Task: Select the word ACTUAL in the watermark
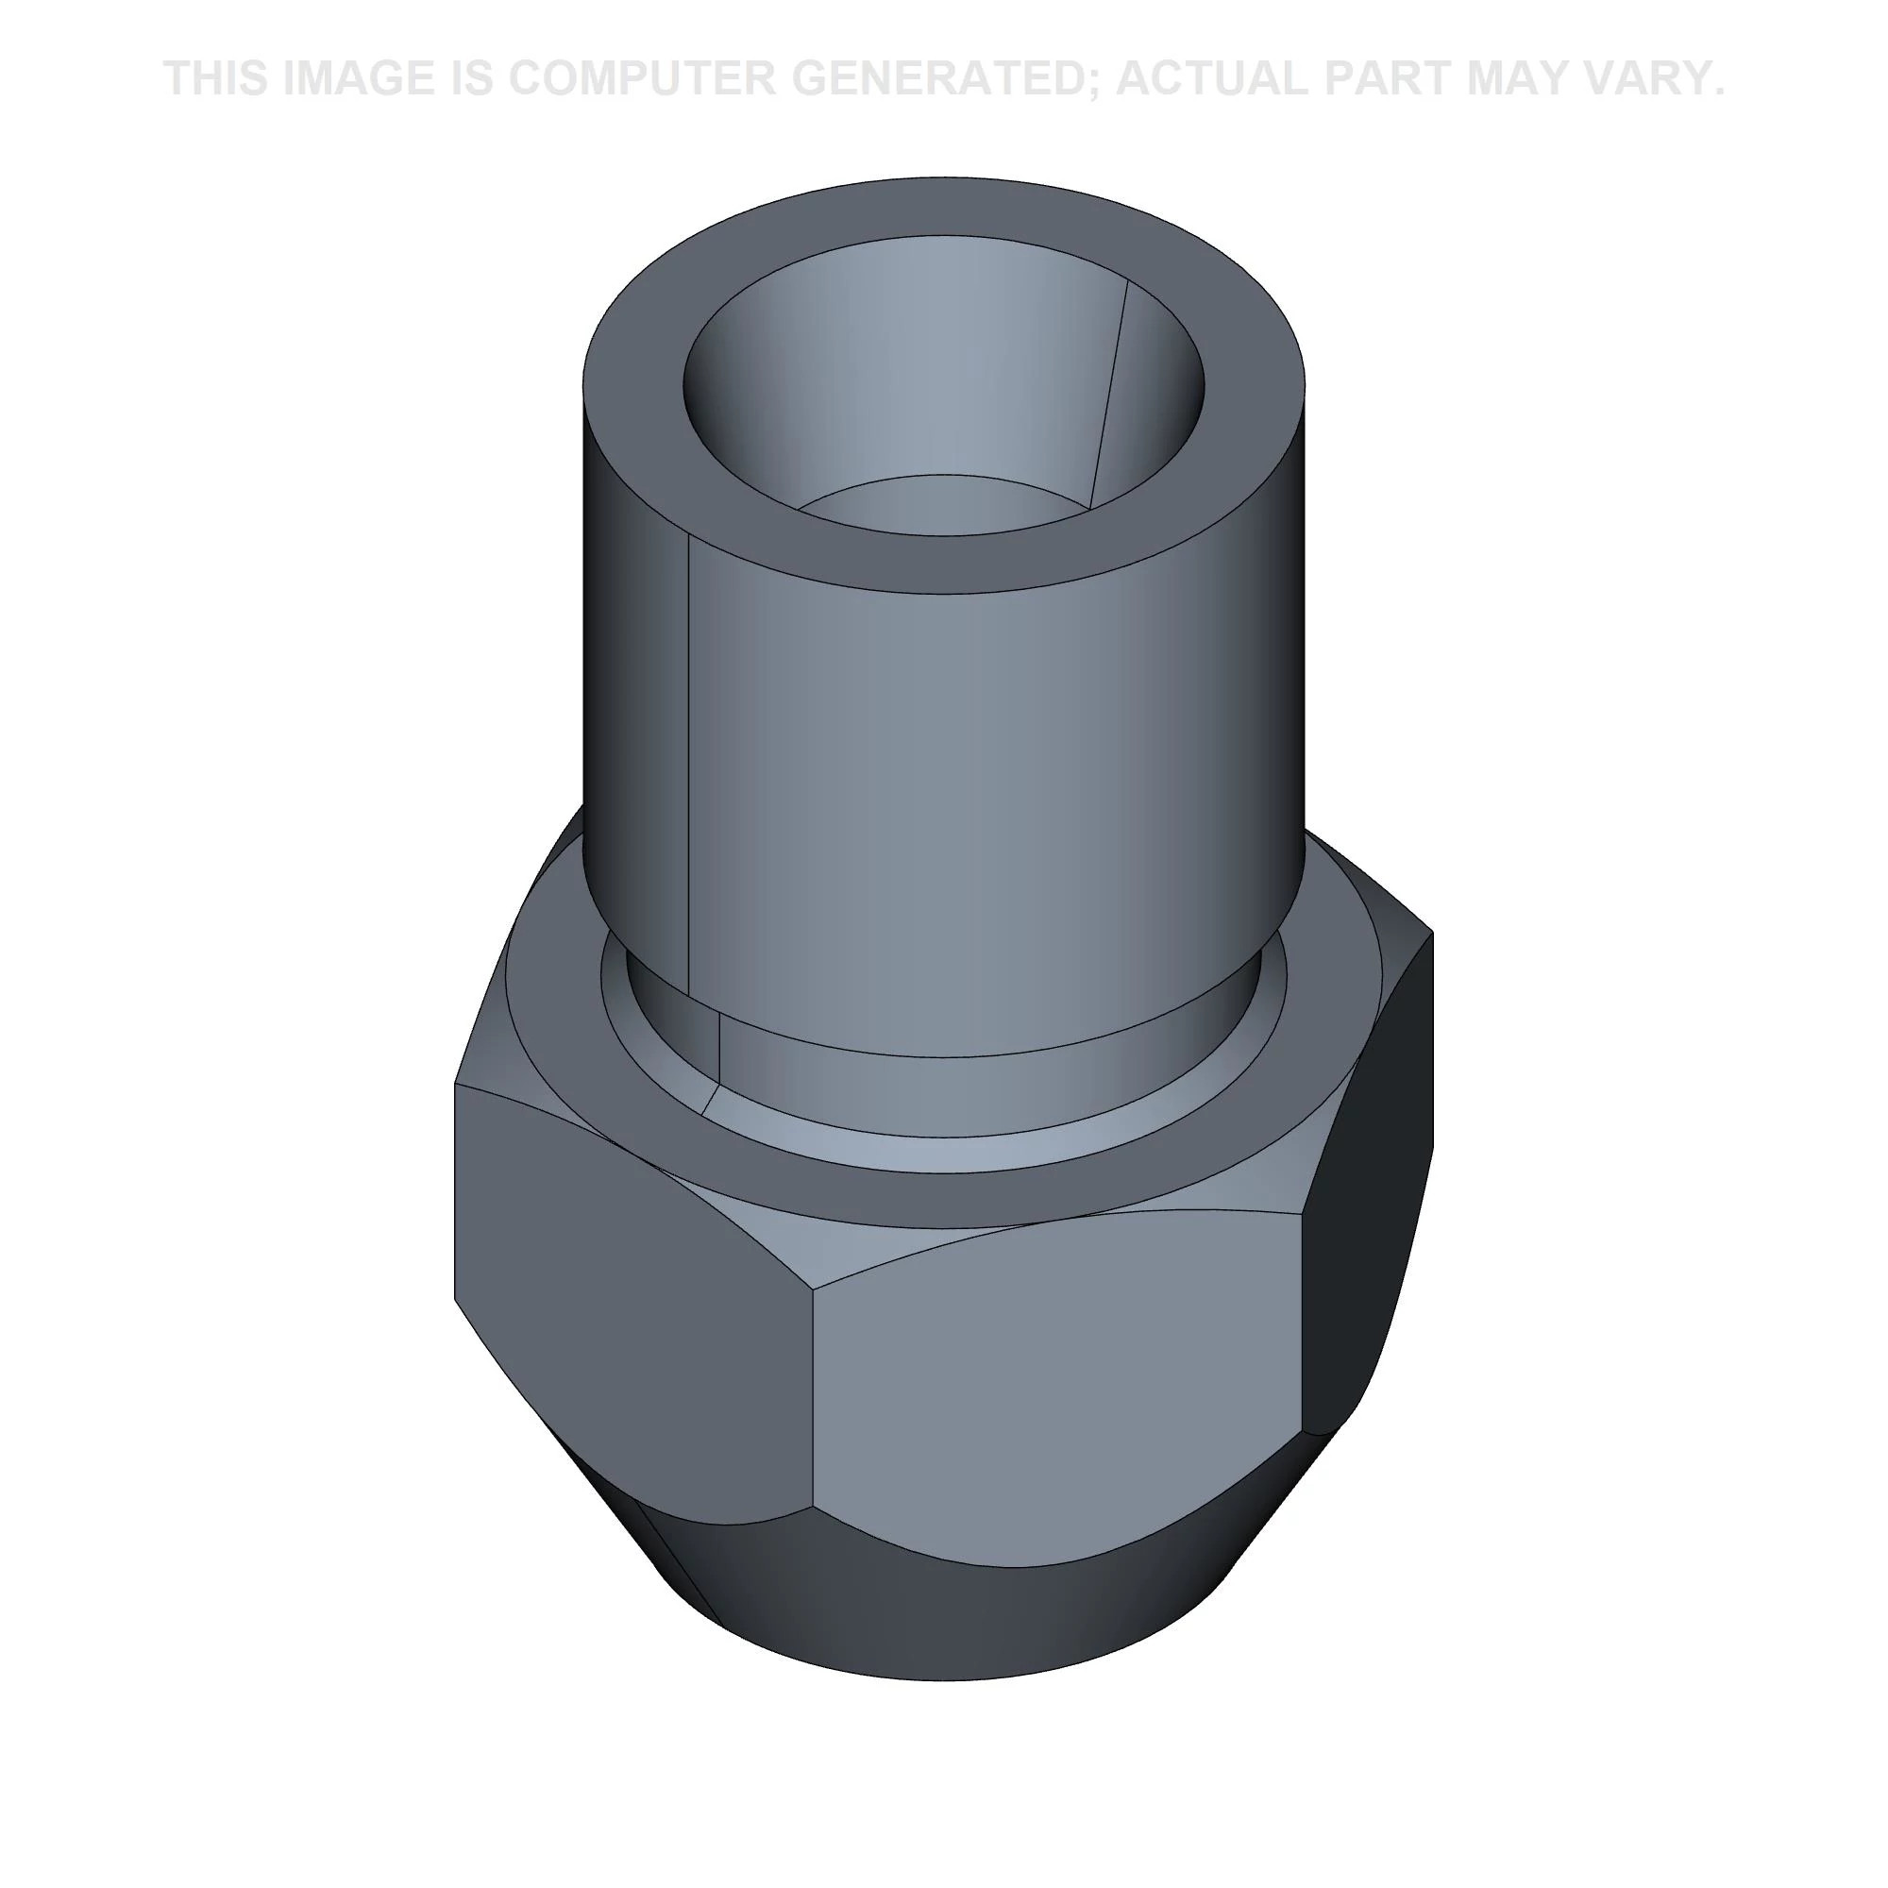1216,78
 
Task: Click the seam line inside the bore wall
1110,391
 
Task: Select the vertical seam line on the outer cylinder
690,762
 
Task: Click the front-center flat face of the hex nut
1055,1397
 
